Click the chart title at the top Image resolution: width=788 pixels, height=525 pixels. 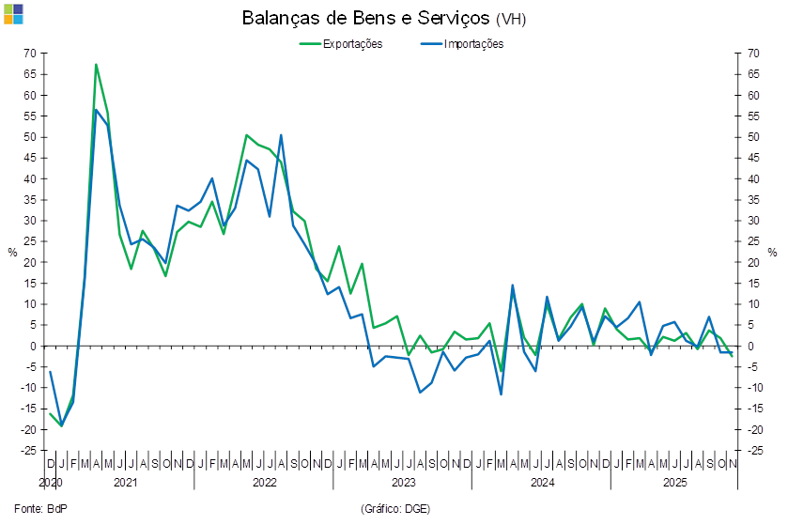coord(385,19)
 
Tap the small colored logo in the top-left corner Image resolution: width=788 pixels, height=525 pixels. coord(14,13)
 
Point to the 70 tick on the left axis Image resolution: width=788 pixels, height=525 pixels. coord(31,54)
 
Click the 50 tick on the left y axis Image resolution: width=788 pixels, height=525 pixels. coord(31,137)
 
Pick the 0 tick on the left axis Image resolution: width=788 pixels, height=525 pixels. coord(34,346)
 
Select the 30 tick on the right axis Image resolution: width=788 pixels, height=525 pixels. coord(753,221)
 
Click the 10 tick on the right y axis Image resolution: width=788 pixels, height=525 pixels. coord(753,304)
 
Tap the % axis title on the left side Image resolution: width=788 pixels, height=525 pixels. coord(12,252)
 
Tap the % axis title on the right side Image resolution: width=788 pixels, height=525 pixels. coord(773,252)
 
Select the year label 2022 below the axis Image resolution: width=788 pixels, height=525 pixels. coord(264,482)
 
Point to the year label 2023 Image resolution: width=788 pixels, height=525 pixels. coord(403,482)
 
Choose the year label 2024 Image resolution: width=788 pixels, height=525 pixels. coord(542,482)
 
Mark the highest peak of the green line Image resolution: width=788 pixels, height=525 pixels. coord(96,65)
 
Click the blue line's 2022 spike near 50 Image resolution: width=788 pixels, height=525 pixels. coord(281,135)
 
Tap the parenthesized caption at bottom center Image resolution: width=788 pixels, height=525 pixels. coord(394,508)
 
